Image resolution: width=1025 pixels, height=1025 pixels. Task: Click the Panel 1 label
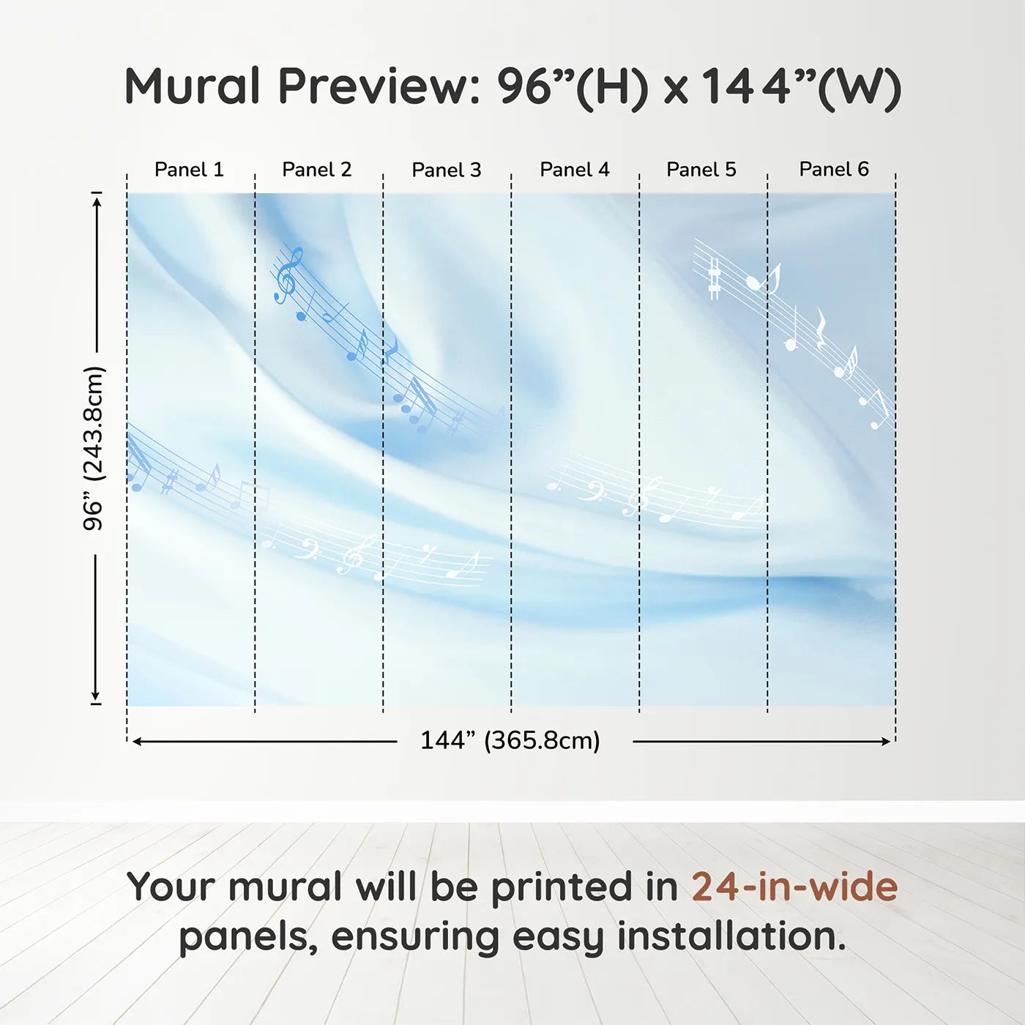point(189,170)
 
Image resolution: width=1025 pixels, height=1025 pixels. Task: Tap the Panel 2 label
point(316,170)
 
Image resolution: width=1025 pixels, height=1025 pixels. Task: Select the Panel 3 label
point(447,170)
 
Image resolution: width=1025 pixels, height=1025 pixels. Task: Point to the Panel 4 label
point(575,170)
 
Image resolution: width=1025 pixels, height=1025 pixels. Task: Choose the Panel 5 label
point(701,170)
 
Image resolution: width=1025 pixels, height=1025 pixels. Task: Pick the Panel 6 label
point(833,169)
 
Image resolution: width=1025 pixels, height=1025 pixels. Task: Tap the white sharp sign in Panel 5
point(714,279)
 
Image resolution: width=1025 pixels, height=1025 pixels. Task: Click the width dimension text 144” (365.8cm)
point(510,740)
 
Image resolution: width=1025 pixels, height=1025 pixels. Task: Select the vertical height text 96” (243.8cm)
point(93,448)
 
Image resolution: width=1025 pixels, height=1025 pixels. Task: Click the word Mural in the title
point(193,86)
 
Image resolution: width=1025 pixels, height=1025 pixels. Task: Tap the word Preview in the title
point(379,86)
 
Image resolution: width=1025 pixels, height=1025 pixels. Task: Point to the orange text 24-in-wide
point(794,887)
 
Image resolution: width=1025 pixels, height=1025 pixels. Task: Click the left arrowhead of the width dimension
point(136,742)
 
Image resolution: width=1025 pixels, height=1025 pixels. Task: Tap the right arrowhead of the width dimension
point(886,742)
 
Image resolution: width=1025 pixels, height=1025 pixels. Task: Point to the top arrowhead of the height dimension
point(96,202)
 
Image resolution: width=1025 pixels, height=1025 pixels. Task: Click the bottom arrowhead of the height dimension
point(96,696)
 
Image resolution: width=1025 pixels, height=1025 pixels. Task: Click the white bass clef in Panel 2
point(307,549)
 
